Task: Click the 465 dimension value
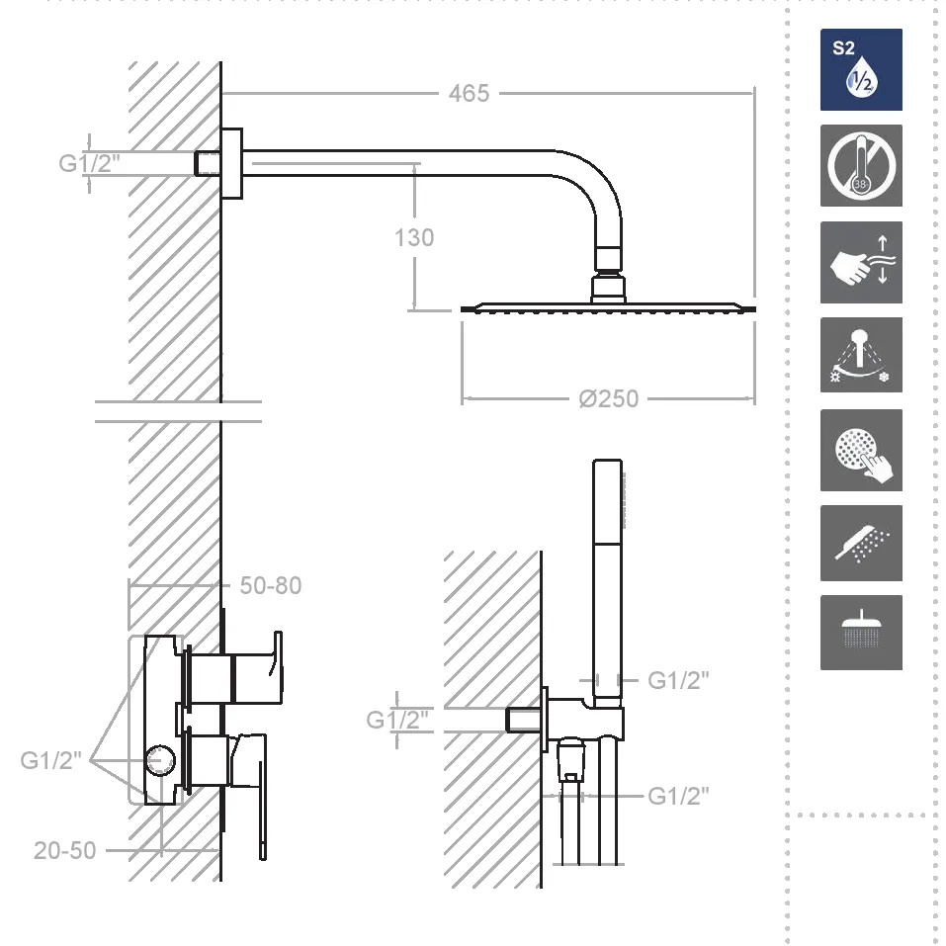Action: click(x=469, y=94)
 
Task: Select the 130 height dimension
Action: click(x=414, y=237)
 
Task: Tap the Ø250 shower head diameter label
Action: click(x=608, y=398)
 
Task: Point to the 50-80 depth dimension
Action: click(x=270, y=585)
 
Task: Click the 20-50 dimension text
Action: click(x=65, y=850)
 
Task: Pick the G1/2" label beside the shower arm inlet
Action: click(x=89, y=163)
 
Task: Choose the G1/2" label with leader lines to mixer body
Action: click(x=50, y=760)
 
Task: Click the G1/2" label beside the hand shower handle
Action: click(x=678, y=680)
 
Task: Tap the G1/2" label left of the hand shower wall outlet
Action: click(x=397, y=720)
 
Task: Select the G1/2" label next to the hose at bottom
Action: click(x=678, y=797)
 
